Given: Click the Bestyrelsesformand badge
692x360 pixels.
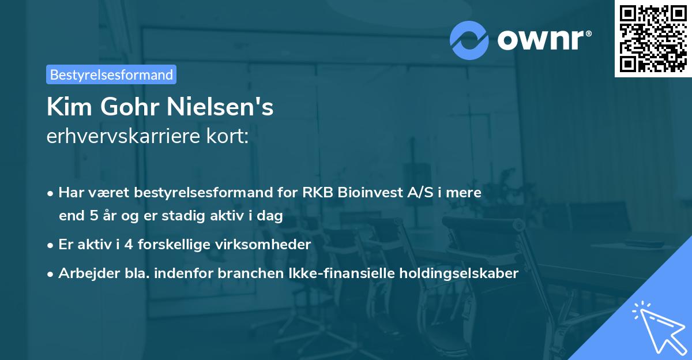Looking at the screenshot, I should [x=111, y=74].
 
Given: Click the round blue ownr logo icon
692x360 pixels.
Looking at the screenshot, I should [x=469, y=40].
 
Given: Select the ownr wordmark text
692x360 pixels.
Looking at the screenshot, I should [x=544, y=40].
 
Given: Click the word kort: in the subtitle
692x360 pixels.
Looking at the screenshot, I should [x=227, y=137].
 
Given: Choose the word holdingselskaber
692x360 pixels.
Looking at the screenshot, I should [x=461, y=273].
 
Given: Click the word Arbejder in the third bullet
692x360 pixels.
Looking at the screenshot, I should [x=84, y=273].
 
